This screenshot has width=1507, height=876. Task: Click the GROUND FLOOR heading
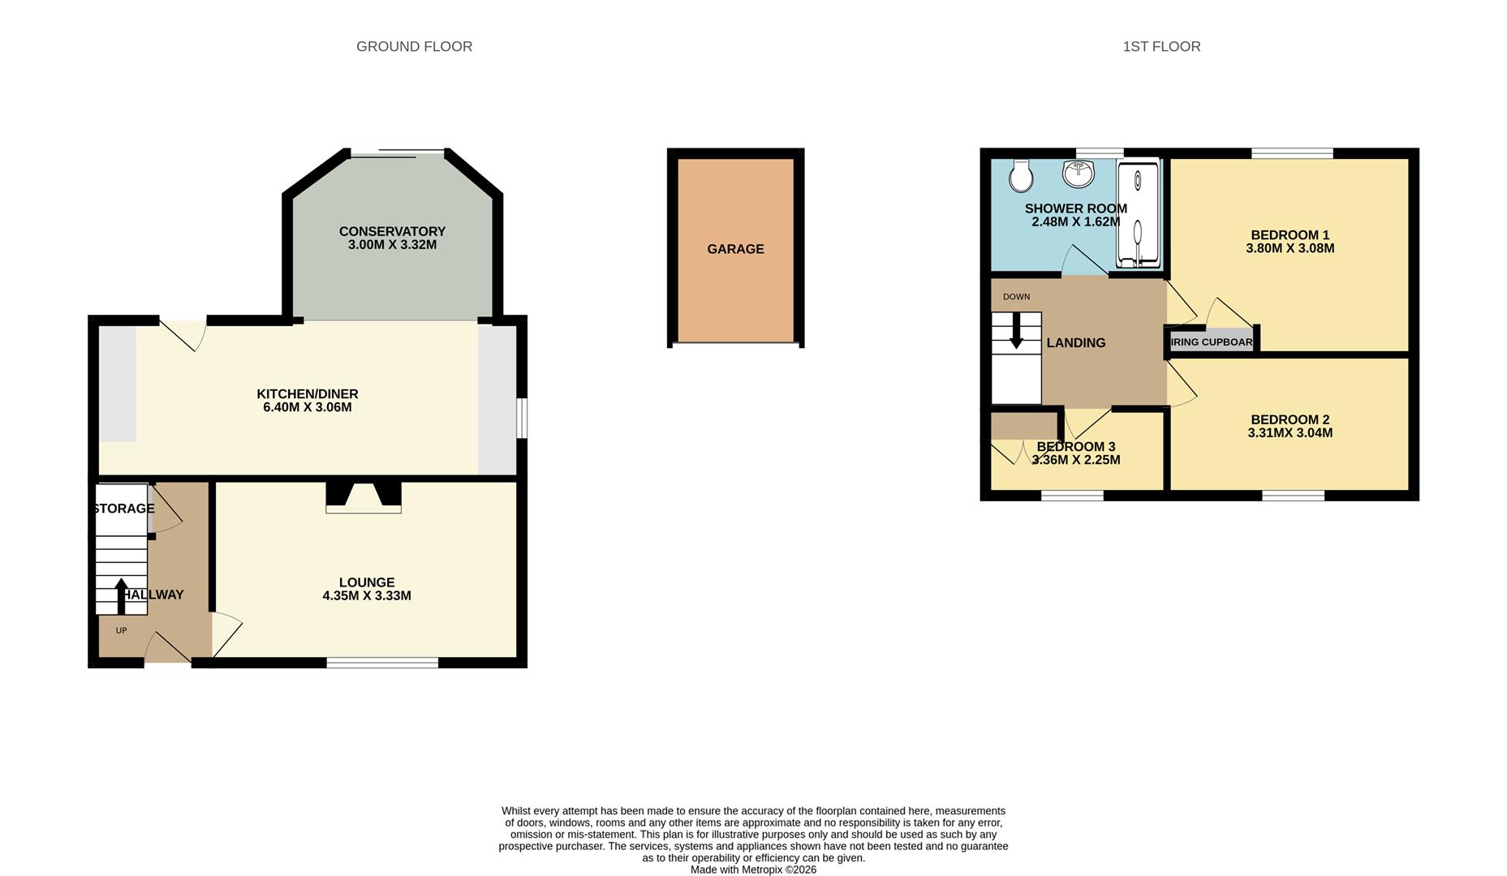pyautogui.click(x=414, y=47)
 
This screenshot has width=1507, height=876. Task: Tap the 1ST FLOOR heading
pyautogui.click(x=1161, y=47)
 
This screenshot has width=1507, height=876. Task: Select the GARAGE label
pyautogui.click(x=735, y=249)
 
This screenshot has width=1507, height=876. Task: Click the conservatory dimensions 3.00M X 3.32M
pyautogui.click(x=392, y=245)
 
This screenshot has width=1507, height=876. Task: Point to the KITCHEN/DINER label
pyautogui.click(x=308, y=394)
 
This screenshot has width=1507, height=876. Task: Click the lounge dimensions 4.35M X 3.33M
pyautogui.click(x=367, y=596)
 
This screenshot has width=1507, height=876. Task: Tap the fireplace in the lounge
pyautogui.click(x=364, y=497)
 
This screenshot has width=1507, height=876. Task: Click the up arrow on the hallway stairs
pyautogui.click(x=121, y=595)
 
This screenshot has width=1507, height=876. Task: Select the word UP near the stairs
pyautogui.click(x=121, y=630)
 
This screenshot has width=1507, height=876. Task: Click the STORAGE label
pyautogui.click(x=123, y=509)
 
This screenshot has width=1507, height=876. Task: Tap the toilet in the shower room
pyautogui.click(x=1021, y=174)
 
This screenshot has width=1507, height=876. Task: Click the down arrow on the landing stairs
pyautogui.click(x=1016, y=333)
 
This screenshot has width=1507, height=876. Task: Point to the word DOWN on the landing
pyautogui.click(x=1016, y=297)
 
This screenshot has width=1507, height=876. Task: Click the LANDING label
pyautogui.click(x=1076, y=343)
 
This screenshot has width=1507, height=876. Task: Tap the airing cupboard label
pyautogui.click(x=1212, y=342)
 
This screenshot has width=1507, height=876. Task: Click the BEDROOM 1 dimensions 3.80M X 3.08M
pyautogui.click(x=1290, y=249)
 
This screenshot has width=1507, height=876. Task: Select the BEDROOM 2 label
pyautogui.click(x=1290, y=419)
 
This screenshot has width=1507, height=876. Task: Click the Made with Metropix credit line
pyautogui.click(x=753, y=870)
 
